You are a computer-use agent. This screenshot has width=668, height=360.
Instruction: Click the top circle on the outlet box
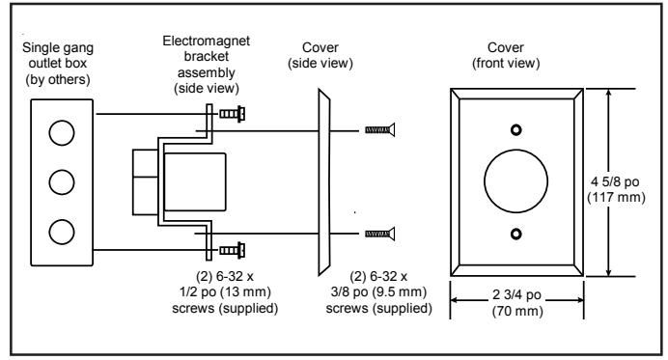pyautogui.click(x=62, y=133)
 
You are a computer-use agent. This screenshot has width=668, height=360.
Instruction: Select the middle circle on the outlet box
pyautogui.click(x=62, y=182)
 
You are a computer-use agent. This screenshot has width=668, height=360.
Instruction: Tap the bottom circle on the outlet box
pyautogui.click(x=62, y=232)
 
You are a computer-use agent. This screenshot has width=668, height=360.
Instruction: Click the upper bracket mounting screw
pyautogui.click(x=233, y=114)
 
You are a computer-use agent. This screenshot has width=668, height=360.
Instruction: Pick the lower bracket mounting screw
pyautogui.click(x=233, y=250)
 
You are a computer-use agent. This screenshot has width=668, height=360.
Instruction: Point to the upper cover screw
pyautogui.click(x=380, y=130)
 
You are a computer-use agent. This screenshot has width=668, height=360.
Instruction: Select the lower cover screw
pyautogui.click(x=380, y=234)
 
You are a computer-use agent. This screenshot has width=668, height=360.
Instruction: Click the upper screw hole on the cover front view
pyautogui.click(x=515, y=129)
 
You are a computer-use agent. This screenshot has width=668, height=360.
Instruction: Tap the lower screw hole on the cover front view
pyautogui.click(x=515, y=234)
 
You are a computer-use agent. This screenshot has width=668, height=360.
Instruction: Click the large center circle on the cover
pyautogui.click(x=515, y=181)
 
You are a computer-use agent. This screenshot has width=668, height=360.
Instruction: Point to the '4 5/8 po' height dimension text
pyautogui.click(x=615, y=181)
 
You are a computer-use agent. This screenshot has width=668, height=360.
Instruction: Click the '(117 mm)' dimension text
pyautogui.click(x=616, y=198)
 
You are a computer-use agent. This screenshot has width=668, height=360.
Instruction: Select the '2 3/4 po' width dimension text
pyautogui.click(x=516, y=294)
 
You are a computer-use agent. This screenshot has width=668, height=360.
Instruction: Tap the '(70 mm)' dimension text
pyautogui.click(x=517, y=311)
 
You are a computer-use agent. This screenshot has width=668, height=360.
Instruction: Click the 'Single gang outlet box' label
pyautogui.click(x=58, y=64)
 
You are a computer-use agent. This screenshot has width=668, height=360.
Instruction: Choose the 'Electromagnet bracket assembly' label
pyautogui.click(x=207, y=65)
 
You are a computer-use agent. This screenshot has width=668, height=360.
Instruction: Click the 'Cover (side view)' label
pyautogui.click(x=320, y=55)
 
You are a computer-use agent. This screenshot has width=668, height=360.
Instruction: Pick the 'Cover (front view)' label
pyautogui.click(x=506, y=55)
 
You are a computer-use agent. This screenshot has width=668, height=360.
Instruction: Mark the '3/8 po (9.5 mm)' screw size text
pyautogui.click(x=378, y=292)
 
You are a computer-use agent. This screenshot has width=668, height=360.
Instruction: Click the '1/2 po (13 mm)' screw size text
pyautogui.click(x=225, y=292)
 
